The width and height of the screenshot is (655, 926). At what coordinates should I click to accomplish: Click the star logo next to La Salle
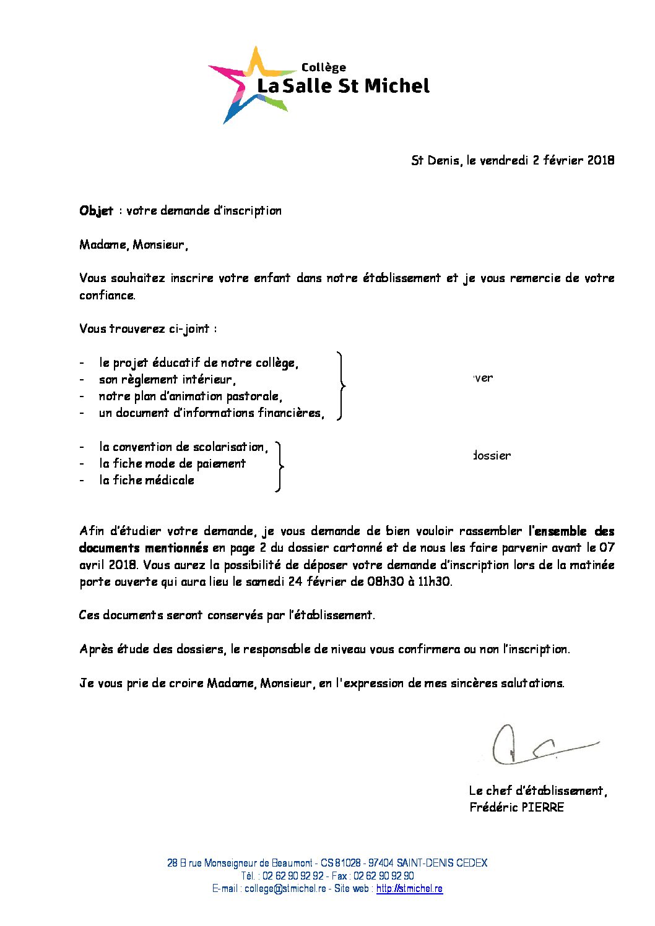coord(245,85)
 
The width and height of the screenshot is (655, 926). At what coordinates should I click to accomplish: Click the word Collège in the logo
coord(323,67)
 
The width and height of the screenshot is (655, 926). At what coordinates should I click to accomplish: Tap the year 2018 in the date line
coord(601,160)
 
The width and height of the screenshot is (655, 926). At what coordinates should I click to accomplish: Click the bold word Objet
coord(96,211)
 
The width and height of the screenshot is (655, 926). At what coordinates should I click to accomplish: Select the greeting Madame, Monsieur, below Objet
coord(134,245)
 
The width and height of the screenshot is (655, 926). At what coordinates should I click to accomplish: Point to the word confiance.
coord(107,296)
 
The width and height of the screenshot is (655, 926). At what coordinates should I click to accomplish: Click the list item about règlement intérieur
coord(167,380)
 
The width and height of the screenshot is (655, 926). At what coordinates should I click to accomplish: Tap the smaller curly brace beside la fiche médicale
coord(280,466)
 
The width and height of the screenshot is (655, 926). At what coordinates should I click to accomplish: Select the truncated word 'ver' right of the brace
coord(483,378)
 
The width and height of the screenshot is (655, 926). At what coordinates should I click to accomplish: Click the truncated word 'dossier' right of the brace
coord(492,456)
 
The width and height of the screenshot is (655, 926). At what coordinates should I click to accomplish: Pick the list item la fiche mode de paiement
coord(172,464)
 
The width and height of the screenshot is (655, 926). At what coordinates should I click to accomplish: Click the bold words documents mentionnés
coord(144,548)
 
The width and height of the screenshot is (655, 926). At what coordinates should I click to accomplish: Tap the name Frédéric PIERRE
coord(516,807)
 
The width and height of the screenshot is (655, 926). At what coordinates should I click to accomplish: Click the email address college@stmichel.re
coord(285,889)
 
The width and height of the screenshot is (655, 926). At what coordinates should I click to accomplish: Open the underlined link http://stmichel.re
coord(409,889)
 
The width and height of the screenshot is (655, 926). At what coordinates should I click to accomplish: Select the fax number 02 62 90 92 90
coord(384,876)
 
